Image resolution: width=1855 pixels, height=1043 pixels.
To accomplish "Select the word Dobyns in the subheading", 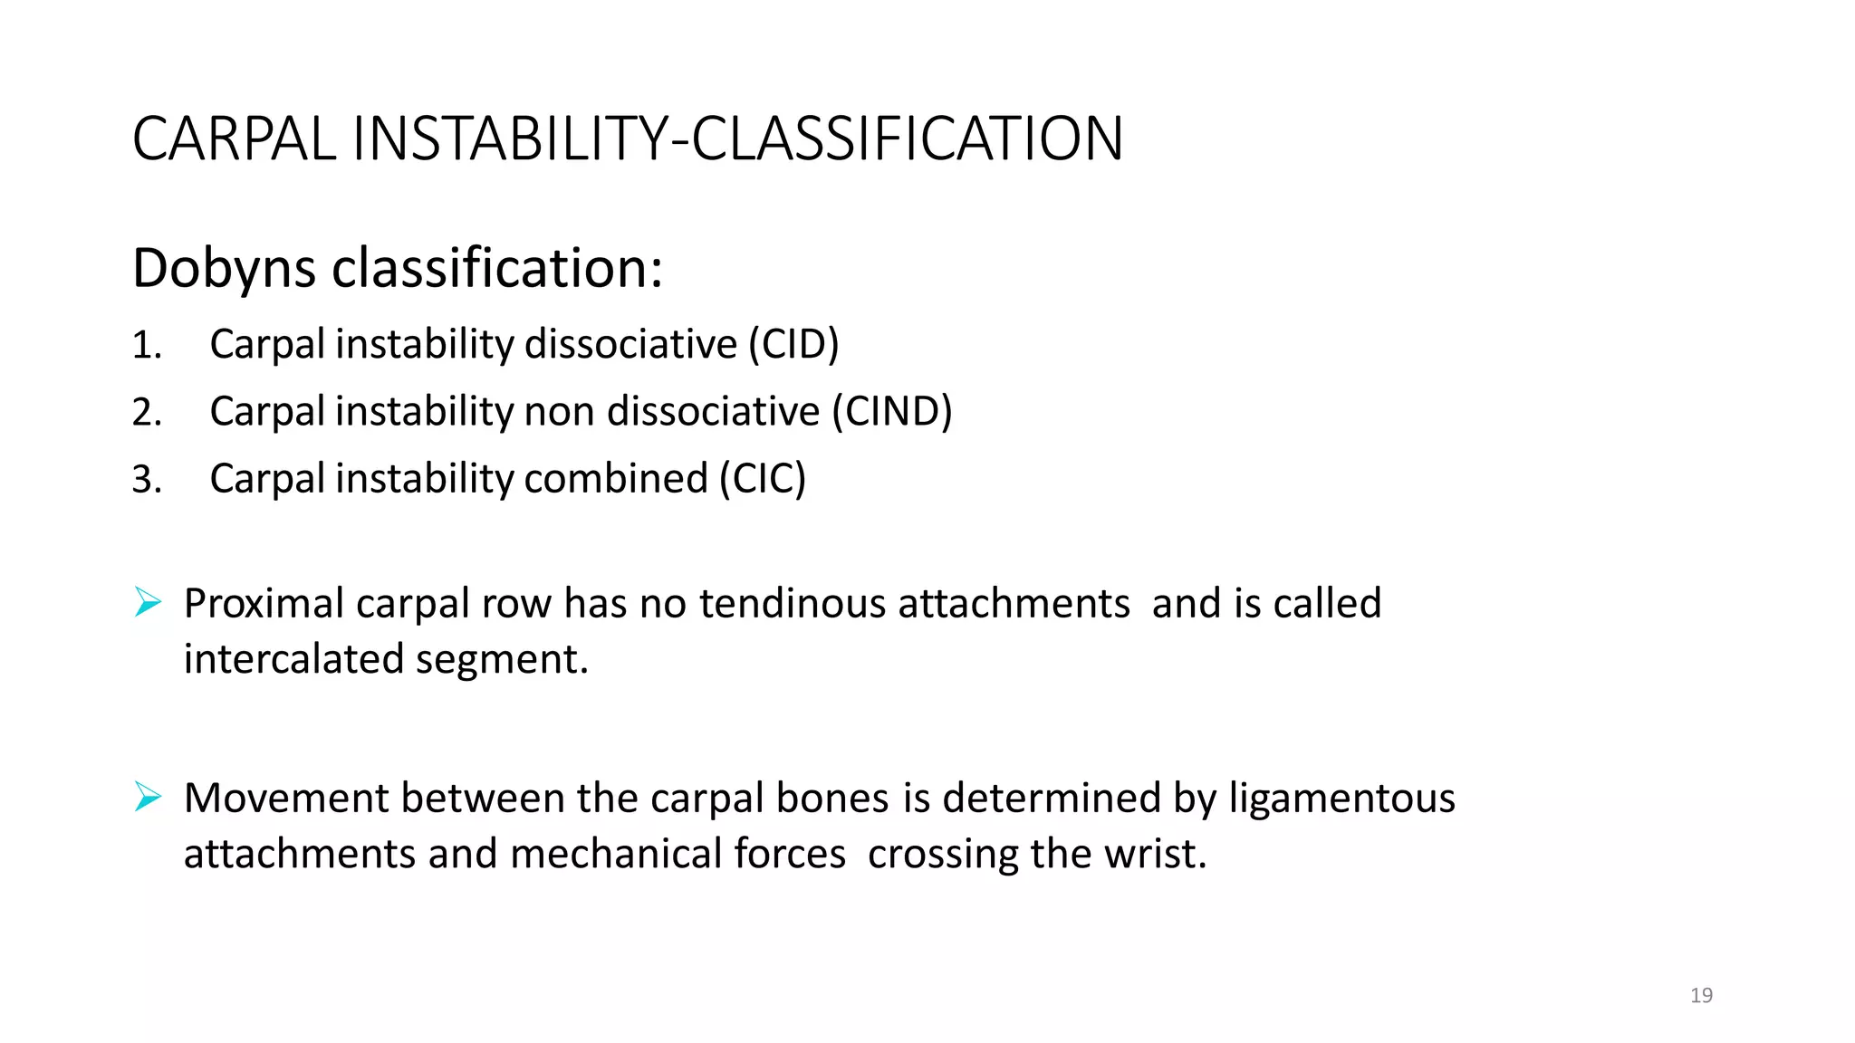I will click(224, 269).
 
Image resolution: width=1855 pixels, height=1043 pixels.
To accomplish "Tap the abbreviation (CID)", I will click(793, 345).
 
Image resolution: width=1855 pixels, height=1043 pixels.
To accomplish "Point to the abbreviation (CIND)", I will click(892, 412).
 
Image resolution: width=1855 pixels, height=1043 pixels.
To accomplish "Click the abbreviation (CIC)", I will click(763, 479).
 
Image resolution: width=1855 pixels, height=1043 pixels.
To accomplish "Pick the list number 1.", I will click(146, 346).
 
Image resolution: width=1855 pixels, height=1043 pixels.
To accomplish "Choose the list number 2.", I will click(146, 413).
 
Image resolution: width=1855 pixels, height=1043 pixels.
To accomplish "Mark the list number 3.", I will click(146, 480).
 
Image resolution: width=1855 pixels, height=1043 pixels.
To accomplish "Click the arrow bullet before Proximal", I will click(148, 602).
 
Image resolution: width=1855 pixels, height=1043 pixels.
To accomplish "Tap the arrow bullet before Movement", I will click(148, 797).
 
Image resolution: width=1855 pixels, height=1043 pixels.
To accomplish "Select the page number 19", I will click(1701, 996).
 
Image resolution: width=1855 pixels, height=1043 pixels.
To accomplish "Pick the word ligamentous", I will click(1341, 799).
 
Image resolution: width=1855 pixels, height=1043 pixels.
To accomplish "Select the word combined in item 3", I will click(616, 479).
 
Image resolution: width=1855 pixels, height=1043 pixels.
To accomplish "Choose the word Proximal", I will click(264, 604).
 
